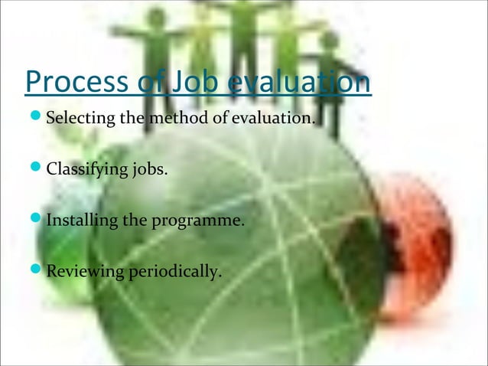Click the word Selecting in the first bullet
[x=79, y=119]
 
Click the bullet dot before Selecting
[x=35, y=119]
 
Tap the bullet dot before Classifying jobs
[x=35, y=169]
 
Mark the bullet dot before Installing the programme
[x=35, y=221]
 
